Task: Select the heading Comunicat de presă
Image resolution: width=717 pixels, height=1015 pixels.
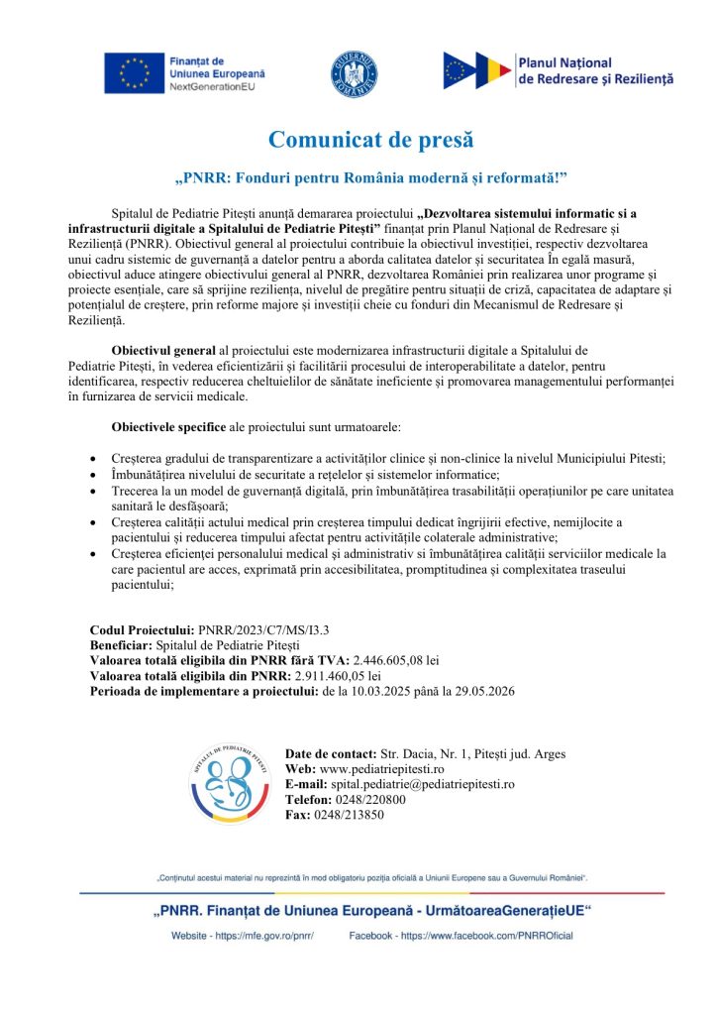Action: [x=358, y=140]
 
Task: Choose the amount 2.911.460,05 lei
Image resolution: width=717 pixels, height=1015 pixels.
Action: [x=326, y=675]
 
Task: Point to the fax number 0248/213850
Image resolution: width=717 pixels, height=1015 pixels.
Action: [x=349, y=815]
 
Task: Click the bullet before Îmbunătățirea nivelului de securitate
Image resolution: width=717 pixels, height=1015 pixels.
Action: [x=93, y=476]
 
